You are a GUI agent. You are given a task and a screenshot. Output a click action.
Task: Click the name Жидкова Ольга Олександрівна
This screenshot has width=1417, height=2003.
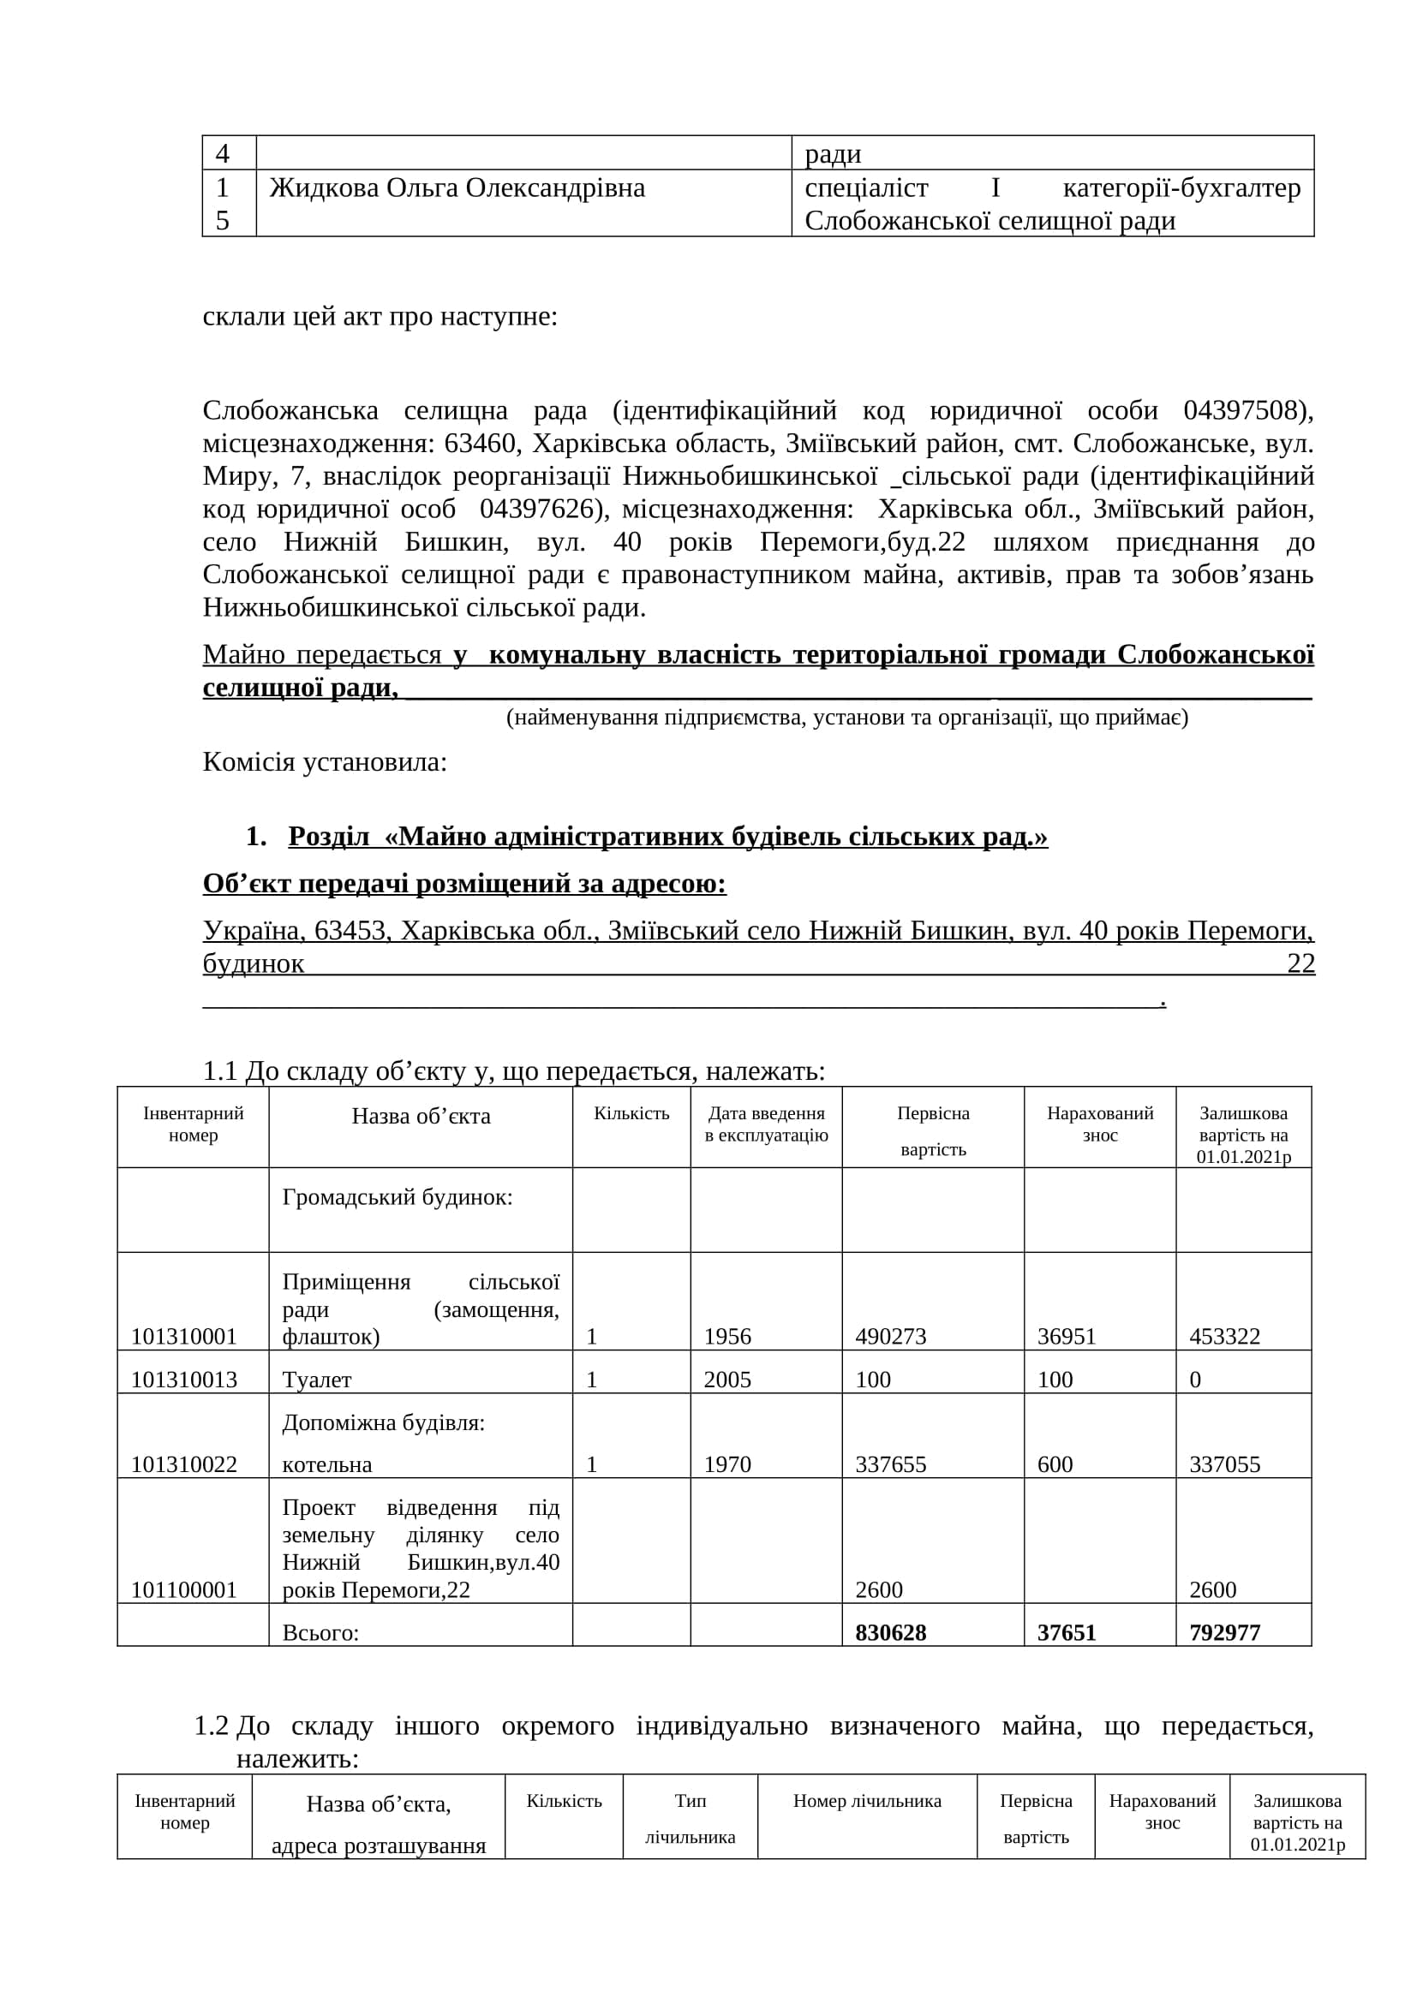point(457,188)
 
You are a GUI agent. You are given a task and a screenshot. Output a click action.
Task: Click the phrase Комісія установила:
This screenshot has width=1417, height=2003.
point(325,762)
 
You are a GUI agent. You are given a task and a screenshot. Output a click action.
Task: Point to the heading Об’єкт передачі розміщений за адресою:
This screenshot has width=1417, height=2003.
point(464,884)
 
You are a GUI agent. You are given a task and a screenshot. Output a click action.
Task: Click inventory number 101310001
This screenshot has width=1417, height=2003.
point(184,1337)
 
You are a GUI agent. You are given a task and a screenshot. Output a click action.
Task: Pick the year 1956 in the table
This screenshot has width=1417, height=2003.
point(726,1337)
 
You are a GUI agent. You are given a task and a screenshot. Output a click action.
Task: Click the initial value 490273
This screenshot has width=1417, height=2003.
point(890,1337)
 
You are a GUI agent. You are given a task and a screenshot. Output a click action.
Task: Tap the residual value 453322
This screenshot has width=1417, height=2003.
point(1224,1337)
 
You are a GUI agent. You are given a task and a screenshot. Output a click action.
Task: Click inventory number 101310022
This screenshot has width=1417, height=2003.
point(184,1464)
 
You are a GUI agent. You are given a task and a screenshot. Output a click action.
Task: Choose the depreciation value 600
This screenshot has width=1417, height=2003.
point(1054,1464)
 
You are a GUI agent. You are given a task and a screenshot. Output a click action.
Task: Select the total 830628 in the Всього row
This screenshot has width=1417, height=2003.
point(890,1632)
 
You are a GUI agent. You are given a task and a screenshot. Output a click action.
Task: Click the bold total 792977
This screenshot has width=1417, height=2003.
point(1224,1632)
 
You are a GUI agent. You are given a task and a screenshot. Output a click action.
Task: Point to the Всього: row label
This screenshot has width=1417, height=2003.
point(320,1632)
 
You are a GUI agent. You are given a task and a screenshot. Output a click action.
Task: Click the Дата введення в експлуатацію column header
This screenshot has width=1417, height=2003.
point(766,1124)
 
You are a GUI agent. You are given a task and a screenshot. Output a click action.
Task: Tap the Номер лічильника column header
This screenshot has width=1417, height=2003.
point(866,1801)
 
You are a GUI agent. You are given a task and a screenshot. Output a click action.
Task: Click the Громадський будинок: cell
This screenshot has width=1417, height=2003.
point(397,1197)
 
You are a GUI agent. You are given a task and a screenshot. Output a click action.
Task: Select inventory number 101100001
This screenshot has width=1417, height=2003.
point(184,1589)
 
